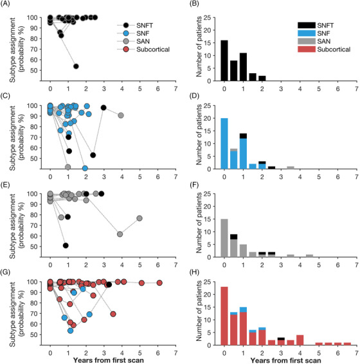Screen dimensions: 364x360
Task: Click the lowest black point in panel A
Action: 76,66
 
